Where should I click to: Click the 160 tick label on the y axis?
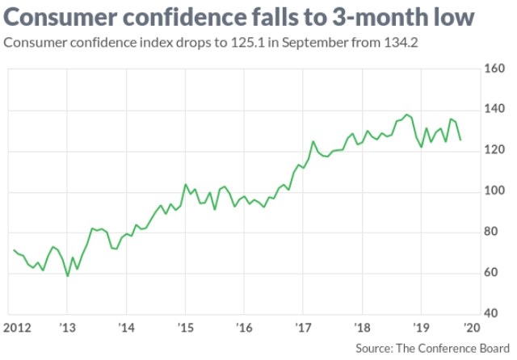tap(493, 69)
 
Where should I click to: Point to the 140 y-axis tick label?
tap(493, 110)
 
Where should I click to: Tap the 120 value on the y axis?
tap(493, 150)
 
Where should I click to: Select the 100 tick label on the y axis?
tap(493, 191)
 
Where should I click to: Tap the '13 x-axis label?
tap(67, 328)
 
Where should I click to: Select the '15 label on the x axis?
tap(185, 328)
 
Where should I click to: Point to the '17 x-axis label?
tap(303, 328)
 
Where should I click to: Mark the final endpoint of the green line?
tap(460, 140)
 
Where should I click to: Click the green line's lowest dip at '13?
tap(67, 276)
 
